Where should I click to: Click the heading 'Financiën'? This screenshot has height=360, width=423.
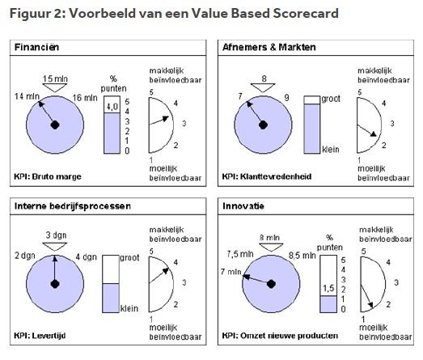point(36,47)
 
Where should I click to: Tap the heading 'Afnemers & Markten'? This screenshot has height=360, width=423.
point(269,47)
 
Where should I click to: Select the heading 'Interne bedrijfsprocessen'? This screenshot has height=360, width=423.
point(73,206)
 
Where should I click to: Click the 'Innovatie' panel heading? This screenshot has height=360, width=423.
point(243,206)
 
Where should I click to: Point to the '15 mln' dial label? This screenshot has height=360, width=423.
point(55,78)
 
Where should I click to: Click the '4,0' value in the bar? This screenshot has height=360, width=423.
point(112,107)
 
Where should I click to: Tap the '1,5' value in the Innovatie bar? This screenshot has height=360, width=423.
point(328,288)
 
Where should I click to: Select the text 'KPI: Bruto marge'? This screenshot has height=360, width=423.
point(48,176)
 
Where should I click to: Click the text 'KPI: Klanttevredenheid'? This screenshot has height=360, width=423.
point(267,176)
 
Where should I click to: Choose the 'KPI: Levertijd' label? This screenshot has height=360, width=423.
point(40,336)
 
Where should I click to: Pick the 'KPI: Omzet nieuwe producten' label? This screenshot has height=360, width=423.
point(280,336)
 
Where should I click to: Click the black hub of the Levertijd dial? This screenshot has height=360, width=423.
point(55,284)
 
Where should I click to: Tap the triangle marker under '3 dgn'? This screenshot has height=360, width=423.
point(55,247)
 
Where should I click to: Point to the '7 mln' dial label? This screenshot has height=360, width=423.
point(231,272)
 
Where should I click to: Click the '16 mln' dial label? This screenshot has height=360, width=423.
point(85,98)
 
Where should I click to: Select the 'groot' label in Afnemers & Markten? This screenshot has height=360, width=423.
point(331,99)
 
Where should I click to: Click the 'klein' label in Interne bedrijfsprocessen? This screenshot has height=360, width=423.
point(129,308)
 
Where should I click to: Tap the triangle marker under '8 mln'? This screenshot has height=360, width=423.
point(271,247)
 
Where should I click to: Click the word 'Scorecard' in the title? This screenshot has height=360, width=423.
point(306,13)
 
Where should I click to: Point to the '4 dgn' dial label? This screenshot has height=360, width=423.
point(86,256)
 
